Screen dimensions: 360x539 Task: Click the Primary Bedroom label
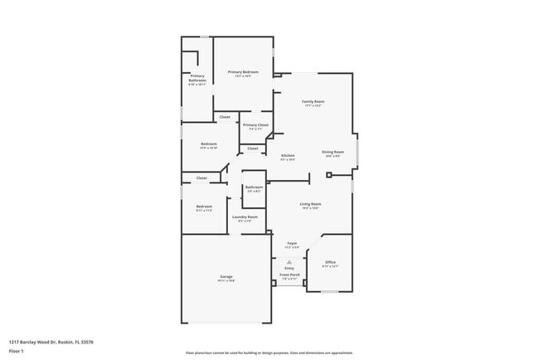pos(243,72)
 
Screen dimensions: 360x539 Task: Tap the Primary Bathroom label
pos(197,78)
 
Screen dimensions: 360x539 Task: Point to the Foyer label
pos(291,244)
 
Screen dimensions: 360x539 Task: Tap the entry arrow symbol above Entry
pos(289,261)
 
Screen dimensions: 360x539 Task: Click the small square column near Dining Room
pos(329,175)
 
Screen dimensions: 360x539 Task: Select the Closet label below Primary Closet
pos(252,148)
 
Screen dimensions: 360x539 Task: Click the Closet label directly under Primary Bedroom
pos(225,117)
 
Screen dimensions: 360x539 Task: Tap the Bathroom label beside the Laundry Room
pos(254,187)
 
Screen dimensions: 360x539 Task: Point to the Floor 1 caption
pos(17,351)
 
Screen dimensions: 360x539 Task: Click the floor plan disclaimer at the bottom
pos(269,353)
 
